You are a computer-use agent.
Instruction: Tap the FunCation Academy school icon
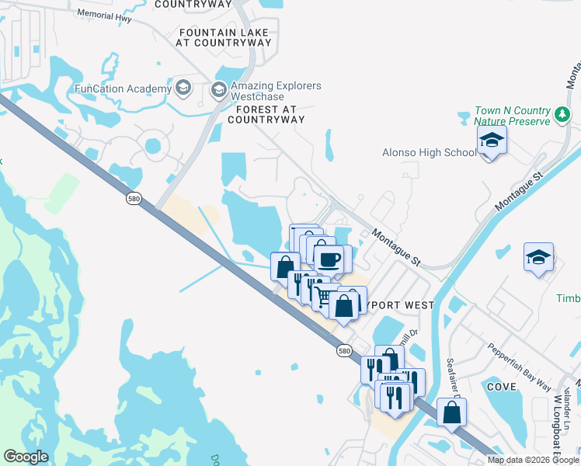183,88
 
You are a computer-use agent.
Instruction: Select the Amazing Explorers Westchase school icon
218,90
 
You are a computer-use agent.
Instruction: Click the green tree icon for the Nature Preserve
563,116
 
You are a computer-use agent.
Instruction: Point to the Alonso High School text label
429,152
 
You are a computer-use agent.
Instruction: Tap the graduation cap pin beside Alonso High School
491,142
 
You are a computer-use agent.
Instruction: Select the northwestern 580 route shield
134,200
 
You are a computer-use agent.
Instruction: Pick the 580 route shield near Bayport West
346,351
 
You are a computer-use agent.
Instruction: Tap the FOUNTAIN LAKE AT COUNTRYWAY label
224,37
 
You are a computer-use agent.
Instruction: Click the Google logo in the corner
26,457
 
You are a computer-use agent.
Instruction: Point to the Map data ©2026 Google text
533,460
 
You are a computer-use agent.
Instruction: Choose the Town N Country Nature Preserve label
513,116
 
